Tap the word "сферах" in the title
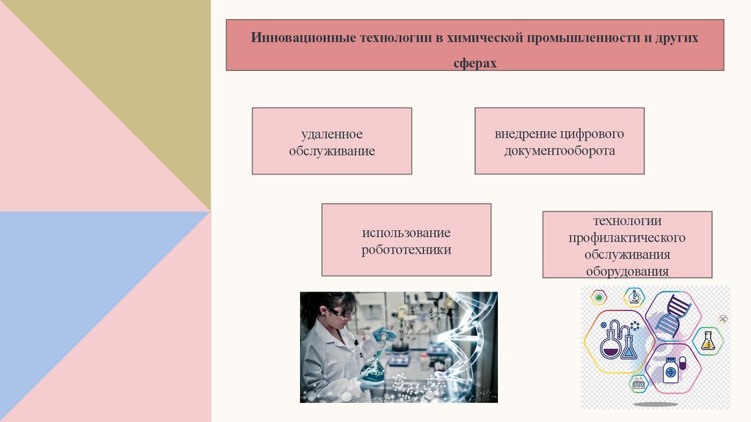point(475,64)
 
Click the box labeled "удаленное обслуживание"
point(331,141)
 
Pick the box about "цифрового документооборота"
point(559,141)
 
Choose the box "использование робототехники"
point(406,240)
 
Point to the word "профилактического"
point(627,238)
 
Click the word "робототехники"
point(406,249)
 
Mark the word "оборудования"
point(627,271)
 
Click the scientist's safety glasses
point(341,313)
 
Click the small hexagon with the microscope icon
point(634,297)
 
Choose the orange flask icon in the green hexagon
point(708,341)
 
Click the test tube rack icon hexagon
point(639,382)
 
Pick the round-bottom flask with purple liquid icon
point(611,343)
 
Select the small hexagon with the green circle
point(600,297)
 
